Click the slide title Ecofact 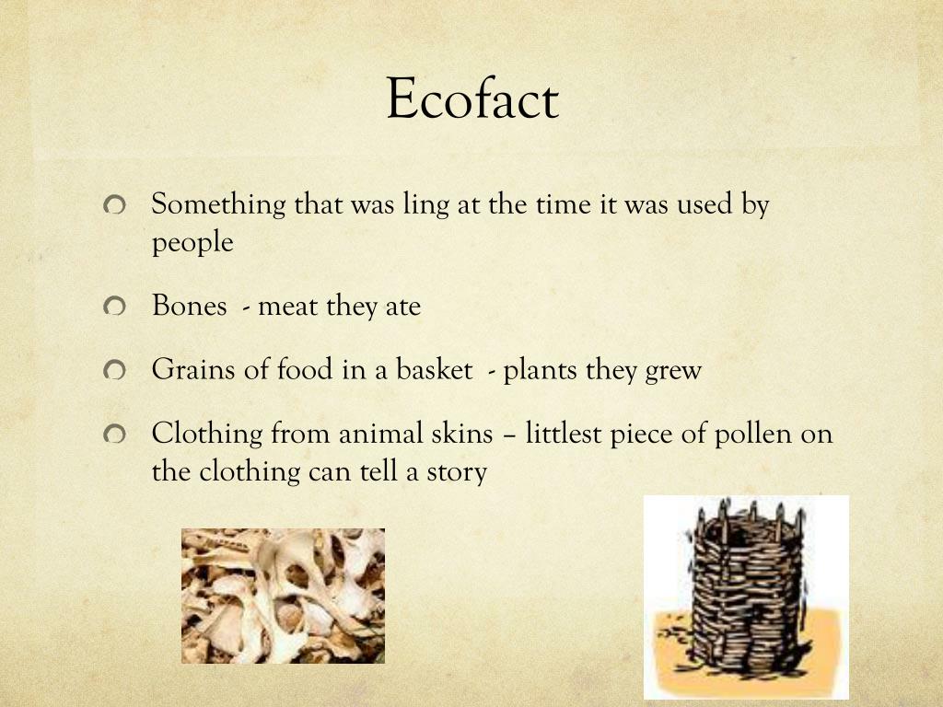[x=471, y=99]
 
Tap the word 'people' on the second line [x=192, y=244]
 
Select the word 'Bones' [x=190, y=306]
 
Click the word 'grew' [x=675, y=371]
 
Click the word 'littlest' [x=564, y=433]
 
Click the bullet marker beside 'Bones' [x=114, y=307]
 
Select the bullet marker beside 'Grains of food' [x=114, y=371]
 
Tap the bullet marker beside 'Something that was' [x=114, y=205]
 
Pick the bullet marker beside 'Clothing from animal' [x=114, y=434]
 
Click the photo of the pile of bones [x=283, y=596]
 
